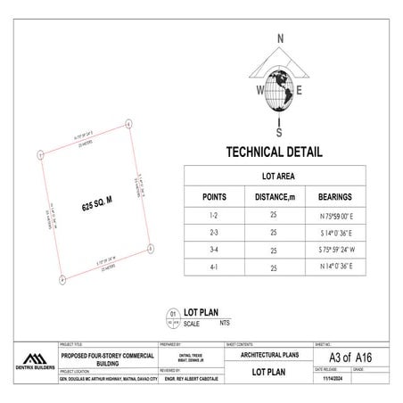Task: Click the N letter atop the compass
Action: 280,38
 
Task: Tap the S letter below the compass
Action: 279,123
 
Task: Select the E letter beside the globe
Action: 300,91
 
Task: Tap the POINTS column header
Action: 214,196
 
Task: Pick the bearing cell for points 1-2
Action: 332,217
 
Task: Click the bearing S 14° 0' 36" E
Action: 332,233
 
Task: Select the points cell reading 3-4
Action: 214,250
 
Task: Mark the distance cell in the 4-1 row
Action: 274,267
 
